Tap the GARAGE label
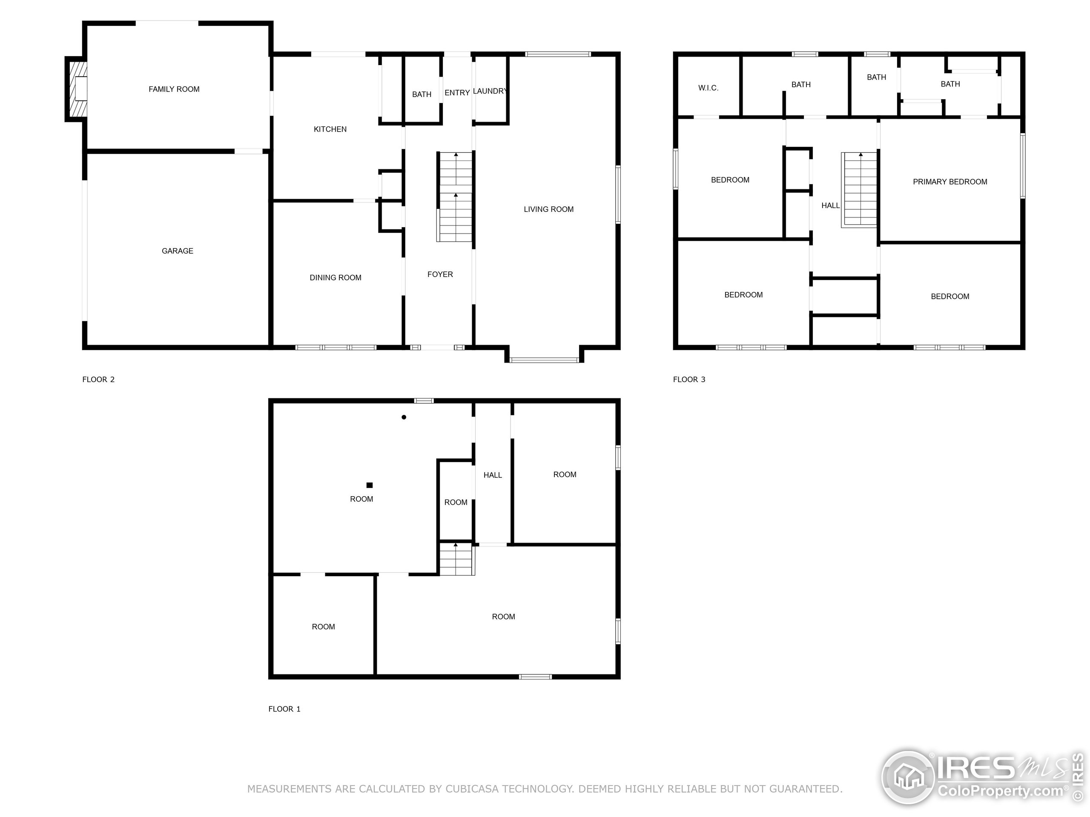178,251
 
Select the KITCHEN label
330,129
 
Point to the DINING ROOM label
335,278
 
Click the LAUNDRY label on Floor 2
489,91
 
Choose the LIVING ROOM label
548,209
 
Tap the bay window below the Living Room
544,360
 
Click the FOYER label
440,274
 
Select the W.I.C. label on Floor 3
708,88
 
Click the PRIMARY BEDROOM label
949,182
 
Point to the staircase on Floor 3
860,190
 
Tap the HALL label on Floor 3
830,206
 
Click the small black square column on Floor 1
370,485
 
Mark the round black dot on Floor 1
404,417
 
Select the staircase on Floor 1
456,559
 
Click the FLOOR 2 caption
98,379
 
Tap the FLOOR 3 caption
689,379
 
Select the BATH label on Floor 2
422,94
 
